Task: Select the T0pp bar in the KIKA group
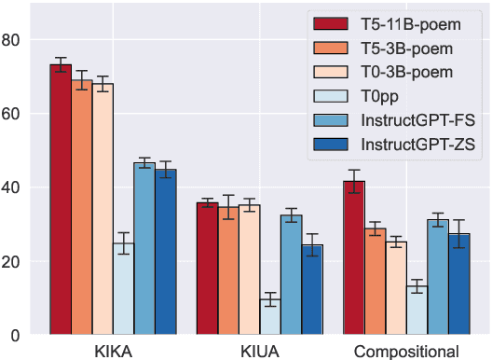pos(123,288)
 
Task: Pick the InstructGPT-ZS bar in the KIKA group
pos(165,252)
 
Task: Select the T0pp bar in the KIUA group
pos(270,316)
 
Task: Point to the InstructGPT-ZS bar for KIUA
pos(312,289)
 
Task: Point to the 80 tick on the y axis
pos(12,41)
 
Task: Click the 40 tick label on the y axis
pos(12,187)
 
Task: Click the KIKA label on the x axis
pos(113,352)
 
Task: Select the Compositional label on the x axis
pos(406,352)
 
